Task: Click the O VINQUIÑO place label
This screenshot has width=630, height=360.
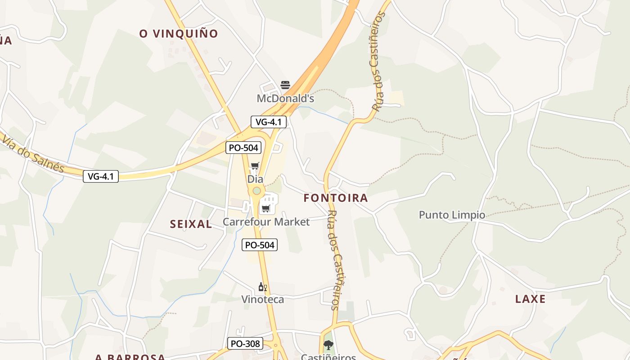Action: pyautogui.click(x=179, y=34)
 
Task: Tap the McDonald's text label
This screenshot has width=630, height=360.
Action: pyautogui.click(x=285, y=99)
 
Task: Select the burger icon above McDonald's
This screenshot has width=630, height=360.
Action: pyautogui.click(x=285, y=85)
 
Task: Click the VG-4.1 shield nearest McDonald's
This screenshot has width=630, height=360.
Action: pyautogui.click(x=268, y=121)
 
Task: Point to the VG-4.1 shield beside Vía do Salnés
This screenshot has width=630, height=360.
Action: pyautogui.click(x=101, y=176)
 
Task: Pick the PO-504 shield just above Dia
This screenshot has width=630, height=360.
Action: pyautogui.click(x=243, y=147)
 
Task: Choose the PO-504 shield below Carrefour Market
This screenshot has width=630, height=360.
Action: pyautogui.click(x=259, y=245)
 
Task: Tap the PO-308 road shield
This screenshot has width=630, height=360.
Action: pyautogui.click(x=245, y=344)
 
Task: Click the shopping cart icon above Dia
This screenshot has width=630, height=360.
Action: pyautogui.click(x=255, y=166)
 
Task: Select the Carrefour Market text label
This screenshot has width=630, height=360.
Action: pyautogui.click(x=266, y=222)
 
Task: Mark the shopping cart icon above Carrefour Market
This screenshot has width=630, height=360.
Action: pyautogui.click(x=265, y=208)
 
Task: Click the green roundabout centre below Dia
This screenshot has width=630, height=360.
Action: pyautogui.click(x=256, y=191)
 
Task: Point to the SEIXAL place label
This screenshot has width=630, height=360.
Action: pyautogui.click(x=191, y=224)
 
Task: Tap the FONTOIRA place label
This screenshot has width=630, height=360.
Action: pyautogui.click(x=336, y=198)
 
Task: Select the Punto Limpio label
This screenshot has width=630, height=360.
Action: pyautogui.click(x=452, y=215)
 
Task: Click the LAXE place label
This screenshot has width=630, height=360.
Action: pyautogui.click(x=530, y=299)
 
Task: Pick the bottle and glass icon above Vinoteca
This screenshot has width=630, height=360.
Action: pyautogui.click(x=263, y=287)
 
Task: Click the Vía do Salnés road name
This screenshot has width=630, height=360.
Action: pyautogui.click(x=32, y=154)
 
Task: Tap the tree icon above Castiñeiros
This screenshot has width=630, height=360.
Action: pyautogui.click(x=328, y=345)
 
